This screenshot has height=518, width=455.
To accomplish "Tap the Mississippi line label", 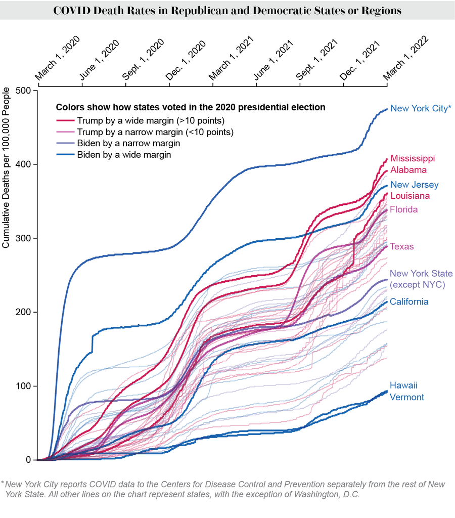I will point(413,158).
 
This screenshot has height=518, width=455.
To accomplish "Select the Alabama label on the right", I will point(408,170).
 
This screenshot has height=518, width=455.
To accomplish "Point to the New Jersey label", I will point(415,185).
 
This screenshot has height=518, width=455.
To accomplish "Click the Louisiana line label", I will point(410,196).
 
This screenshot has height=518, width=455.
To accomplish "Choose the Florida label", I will point(404,209).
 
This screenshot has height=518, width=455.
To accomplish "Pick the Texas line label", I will point(402,247).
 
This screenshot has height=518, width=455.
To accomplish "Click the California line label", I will point(409,302).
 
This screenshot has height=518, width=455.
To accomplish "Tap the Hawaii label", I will point(403,385).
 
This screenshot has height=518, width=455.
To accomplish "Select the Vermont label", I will point(407,397).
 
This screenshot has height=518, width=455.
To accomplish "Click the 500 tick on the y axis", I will point(24,91).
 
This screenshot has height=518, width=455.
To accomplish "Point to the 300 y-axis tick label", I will point(24,238).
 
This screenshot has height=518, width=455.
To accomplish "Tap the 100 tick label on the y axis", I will point(24,386).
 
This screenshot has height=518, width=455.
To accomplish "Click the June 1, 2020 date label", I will point(99,60).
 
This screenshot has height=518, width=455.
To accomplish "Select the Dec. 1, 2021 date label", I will point(360,60).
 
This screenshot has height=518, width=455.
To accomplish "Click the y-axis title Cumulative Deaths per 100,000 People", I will point(7,168).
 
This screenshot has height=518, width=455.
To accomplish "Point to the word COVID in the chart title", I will point(70,11).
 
